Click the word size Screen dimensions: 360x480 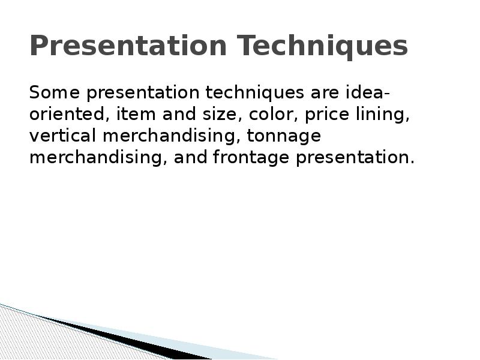pyautogui.click(x=215, y=115)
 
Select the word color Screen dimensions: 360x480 pyautogui.click(x=267, y=115)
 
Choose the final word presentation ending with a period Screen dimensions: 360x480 pyautogui.click(x=354, y=158)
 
